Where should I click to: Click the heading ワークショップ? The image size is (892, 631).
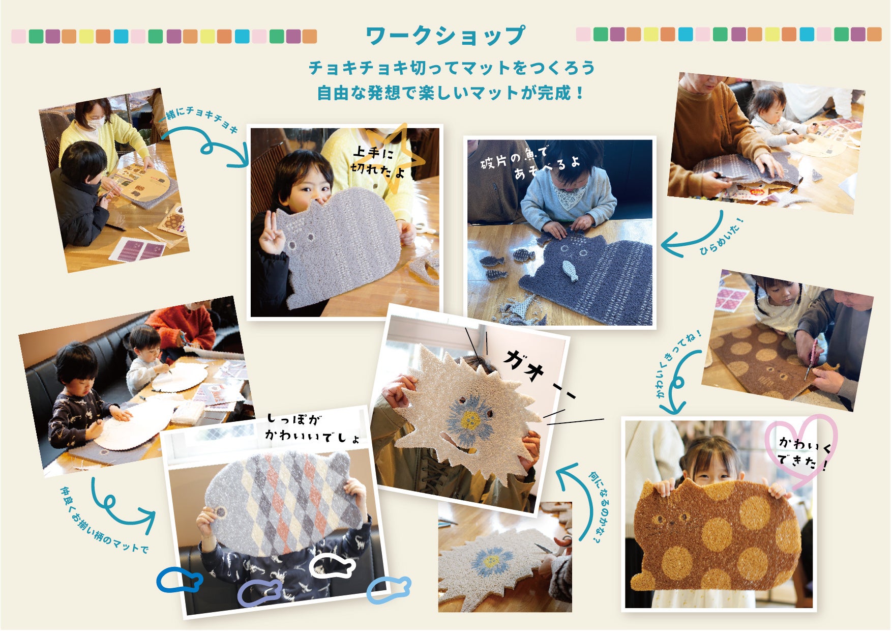point(445,36)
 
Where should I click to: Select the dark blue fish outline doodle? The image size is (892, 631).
point(180,579)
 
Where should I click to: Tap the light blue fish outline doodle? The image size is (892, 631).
point(389,590)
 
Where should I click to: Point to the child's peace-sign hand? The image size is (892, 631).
point(273,233)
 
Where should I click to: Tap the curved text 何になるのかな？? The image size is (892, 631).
point(596,506)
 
